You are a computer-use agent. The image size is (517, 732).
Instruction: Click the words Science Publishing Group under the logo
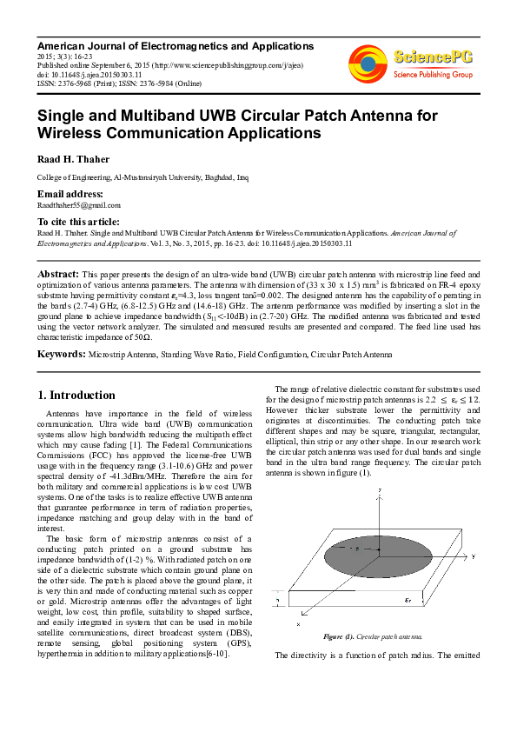pyautogui.click(x=433, y=75)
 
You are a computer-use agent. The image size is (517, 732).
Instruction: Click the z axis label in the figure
pyautogui.click(x=381, y=492)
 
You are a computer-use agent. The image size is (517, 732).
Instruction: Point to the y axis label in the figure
pyautogui.click(x=474, y=554)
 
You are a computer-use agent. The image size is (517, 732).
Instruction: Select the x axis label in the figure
pyautogui.click(x=298, y=623)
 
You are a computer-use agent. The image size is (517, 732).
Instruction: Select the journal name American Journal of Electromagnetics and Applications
pyautogui.click(x=175, y=45)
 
